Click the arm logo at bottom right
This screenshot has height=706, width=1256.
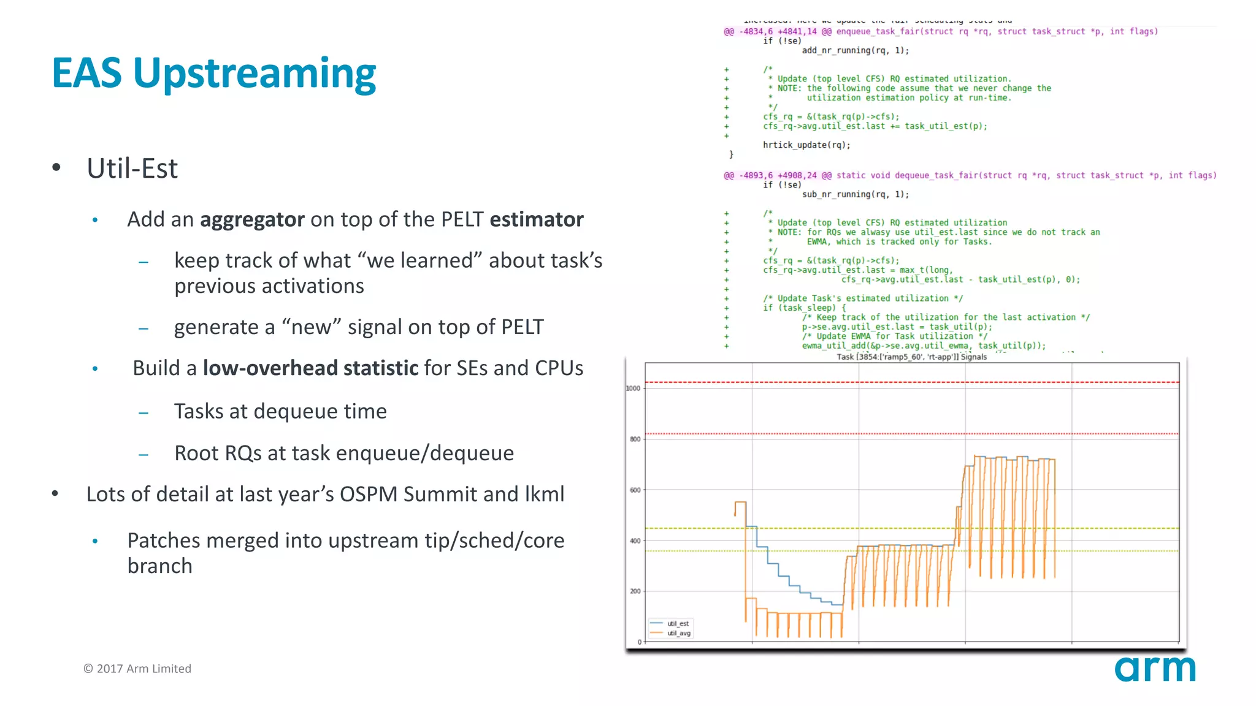(x=1155, y=669)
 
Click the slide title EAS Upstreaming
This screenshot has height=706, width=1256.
(x=213, y=74)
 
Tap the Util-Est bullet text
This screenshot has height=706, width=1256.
(x=132, y=169)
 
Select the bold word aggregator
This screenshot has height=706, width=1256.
(x=252, y=219)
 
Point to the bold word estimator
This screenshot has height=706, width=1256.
(x=537, y=219)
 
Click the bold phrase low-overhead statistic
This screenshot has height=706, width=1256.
(x=310, y=368)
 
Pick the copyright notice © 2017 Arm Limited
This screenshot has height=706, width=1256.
(x=137, y=669)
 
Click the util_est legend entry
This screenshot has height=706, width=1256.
(x=678, y=623)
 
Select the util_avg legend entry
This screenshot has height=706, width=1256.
(x=678, y=633)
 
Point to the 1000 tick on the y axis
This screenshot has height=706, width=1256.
(x=633, y=388)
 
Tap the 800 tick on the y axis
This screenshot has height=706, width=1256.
(x=635, y=439)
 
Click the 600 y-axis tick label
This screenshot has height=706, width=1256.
(x=635, y=490)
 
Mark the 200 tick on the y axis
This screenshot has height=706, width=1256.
(x=635, y=591)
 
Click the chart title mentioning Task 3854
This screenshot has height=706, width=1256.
(x=911, y=357)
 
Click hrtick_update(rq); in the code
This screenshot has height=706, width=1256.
(x=806, y=145)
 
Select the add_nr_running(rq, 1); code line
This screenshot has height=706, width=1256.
(x=856, y=50)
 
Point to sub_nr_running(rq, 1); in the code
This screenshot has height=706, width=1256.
(x=856, y=194)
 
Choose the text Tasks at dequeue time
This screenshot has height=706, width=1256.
(x=280, y=411)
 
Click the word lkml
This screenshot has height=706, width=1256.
(x=544, y=494)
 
